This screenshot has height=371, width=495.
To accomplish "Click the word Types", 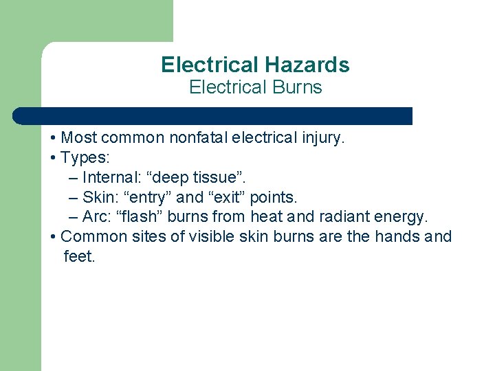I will point(83,158).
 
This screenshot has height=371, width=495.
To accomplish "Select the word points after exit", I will point(273,198).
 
